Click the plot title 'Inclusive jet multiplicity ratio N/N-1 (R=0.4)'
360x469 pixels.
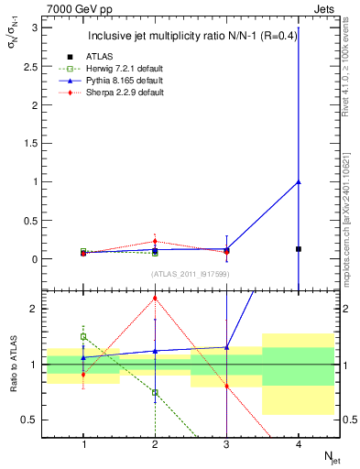[191, 37]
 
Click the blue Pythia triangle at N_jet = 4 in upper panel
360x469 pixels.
[299, 181]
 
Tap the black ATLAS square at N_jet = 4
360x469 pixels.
[299, 249]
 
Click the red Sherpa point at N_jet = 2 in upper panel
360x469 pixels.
[155, 242]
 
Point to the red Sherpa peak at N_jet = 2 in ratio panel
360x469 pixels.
[155, 298]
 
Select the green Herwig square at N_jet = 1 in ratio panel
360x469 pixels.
[83, 336]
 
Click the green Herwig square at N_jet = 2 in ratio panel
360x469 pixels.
[155, 392]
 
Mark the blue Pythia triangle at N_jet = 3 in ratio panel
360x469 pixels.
[226, 347]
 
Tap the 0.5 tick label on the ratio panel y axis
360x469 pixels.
[30, 420]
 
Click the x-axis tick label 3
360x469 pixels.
[226, 444]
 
